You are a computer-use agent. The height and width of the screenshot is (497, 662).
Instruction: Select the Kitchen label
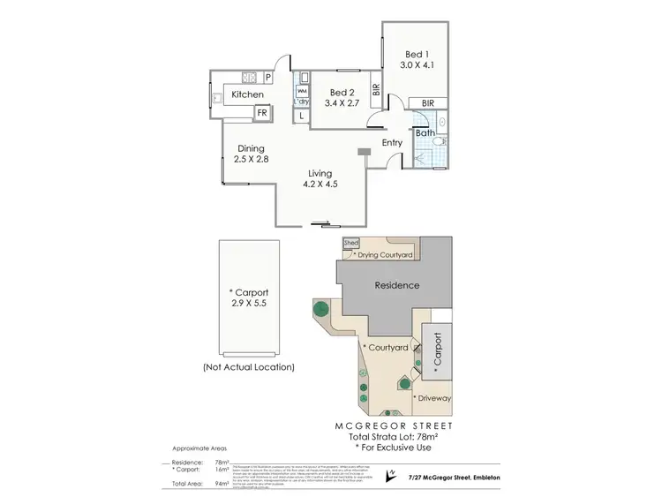(248, 94)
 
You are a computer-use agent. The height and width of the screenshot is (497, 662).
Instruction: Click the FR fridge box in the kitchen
(261, 113)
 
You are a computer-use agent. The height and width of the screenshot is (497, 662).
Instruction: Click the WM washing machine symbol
(301, 91)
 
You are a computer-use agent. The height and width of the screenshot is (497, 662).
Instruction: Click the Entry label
(392, 142)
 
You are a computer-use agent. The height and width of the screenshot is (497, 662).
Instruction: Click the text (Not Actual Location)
(248, 366)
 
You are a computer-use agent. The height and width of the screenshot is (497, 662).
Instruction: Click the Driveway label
(433, 398)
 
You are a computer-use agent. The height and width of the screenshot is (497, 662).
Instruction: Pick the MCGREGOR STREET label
(396, 425)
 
